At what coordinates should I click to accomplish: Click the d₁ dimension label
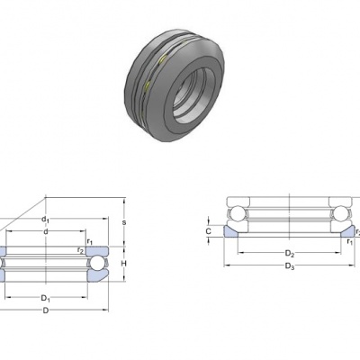click(45, 220)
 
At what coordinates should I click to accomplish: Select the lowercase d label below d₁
click(46, 231)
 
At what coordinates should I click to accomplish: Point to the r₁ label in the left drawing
click(90, 241)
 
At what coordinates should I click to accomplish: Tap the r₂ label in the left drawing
click(80, 250)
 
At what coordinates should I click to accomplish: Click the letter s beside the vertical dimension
click(124, 222)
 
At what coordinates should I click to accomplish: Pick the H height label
click(123, 264)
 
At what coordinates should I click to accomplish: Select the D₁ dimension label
click(46, 298)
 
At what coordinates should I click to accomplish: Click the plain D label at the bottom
click(46, 310)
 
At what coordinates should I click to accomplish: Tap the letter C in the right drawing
click(209, 231)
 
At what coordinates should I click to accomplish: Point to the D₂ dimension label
click(290, 254)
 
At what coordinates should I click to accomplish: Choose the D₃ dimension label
click(290, 266)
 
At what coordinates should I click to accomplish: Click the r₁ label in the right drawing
click(350, 241)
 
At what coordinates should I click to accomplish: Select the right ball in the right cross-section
click(342, 213)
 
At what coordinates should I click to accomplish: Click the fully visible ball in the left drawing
click(97, 264)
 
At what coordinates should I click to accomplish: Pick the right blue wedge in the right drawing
click(348, 232)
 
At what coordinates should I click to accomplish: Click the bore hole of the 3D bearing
click(192, 95)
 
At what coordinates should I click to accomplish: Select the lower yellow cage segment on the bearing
click(148, 85)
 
